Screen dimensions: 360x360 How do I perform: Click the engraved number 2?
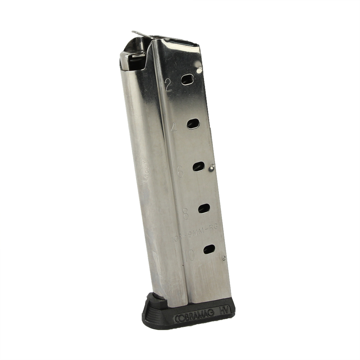tap(168, 85)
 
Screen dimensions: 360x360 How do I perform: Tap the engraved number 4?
tap(175, 128)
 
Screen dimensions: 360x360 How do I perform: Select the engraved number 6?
tap(180, 172)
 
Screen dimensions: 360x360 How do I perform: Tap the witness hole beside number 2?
tap(188, 80)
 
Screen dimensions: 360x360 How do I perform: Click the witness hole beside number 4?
tap(193, 124)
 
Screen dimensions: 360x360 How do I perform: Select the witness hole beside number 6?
tap(198, 166)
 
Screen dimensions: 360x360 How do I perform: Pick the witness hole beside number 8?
tap(204, 208)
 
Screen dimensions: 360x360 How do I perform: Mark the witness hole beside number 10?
tap(209, 249)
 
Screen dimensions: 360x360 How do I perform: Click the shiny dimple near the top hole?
tap(198, 68)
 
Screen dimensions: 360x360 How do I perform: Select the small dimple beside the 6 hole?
tap(212, 166)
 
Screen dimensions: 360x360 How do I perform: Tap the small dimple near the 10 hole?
tap(225, 257)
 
